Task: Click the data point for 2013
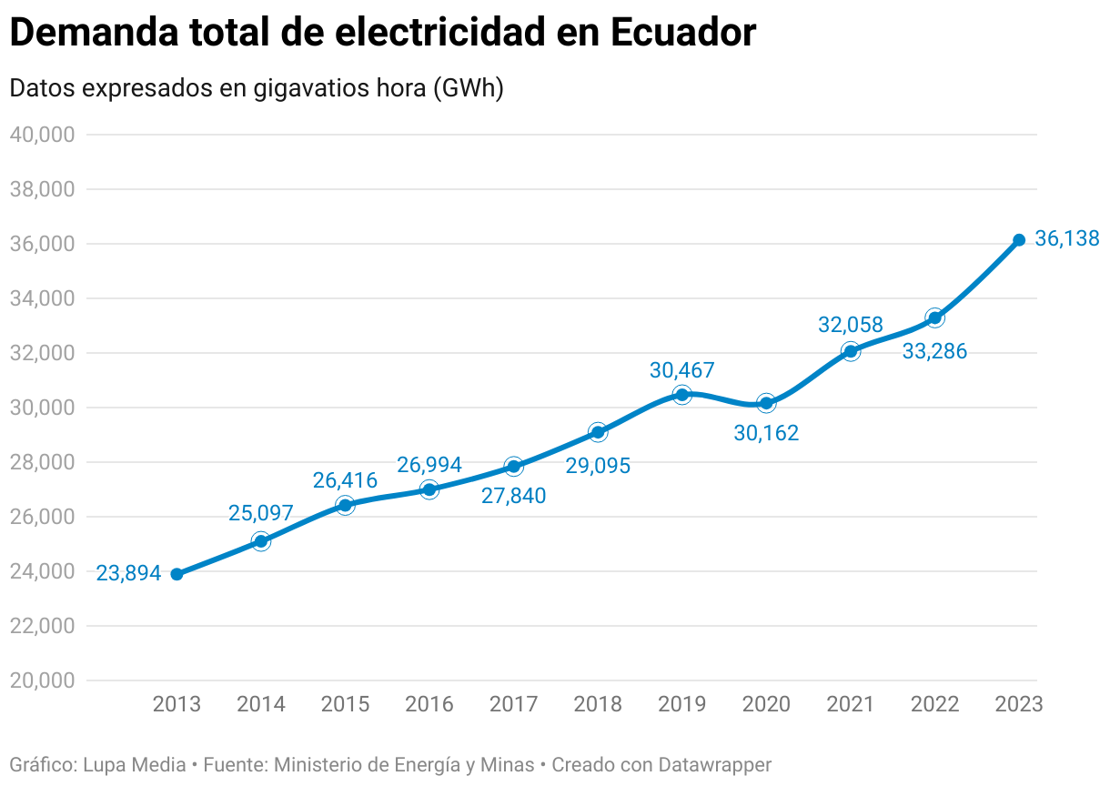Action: click(177, 574)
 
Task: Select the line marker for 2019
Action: click(682, 395)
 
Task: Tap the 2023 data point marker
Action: click(1019, 240)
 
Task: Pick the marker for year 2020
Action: click(766, 403)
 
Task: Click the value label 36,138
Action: click(1066, 239)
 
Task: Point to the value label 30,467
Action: click(681, 370)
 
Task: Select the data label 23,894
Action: click(128, 573)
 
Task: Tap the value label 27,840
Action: click(513, 495)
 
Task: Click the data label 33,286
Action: click(934, 351)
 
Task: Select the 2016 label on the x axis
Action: click(429, 704)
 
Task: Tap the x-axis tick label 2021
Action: click(850, 704)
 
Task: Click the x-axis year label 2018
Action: click(598, 704)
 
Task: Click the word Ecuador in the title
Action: click(682, 34)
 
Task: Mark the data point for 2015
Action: click(345, 505)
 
